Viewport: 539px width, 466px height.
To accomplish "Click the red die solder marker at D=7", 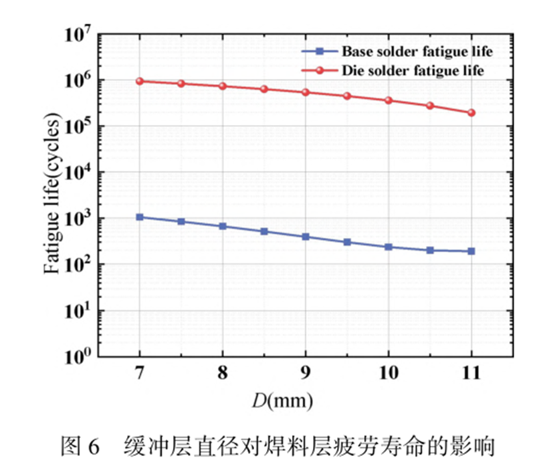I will tap(140, 81).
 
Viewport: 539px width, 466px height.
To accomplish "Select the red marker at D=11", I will tap(471, 113).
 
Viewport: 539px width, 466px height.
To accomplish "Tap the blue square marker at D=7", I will tap(140, 217).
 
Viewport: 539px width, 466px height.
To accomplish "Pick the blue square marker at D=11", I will tap(471, 251).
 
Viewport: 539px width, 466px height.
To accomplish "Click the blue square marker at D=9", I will tap(306, 237).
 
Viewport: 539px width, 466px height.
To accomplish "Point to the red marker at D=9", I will tap(306, 92).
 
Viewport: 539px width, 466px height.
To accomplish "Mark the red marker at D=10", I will tap(389, 100).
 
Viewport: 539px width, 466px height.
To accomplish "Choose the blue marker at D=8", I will tap(223, 226).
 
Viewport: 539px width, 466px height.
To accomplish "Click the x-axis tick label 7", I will tap(140, 375).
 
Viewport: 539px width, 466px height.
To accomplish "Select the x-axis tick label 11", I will tap(471, 375).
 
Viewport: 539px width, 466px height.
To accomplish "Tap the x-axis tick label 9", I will tap(306, 375).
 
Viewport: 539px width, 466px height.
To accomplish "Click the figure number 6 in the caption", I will tap(94, 445).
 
